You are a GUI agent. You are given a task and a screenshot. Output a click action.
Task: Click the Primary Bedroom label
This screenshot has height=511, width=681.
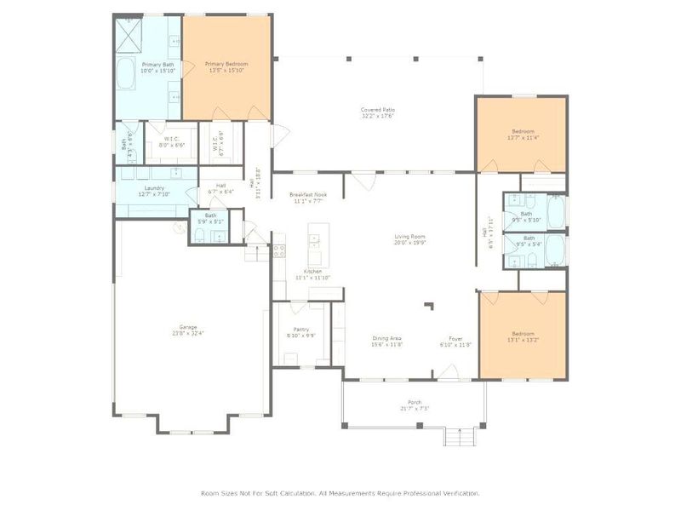click(226, 64)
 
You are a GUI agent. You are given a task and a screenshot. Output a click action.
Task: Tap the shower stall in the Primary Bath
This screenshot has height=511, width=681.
click(129, 35)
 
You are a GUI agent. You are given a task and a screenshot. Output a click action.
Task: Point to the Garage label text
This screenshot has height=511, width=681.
click(188, 327)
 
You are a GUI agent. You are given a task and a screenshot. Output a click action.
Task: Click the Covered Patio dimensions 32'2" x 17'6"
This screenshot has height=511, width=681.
click(377, 117)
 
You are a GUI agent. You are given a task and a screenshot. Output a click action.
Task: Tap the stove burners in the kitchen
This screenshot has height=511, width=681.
click(278, 251)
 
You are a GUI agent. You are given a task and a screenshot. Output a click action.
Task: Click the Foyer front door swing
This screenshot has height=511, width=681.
click(446, 371)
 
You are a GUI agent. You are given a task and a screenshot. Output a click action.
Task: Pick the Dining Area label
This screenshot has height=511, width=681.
click(386, 339)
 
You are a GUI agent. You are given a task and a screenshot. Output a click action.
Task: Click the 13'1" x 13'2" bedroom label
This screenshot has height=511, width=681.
click(523, 334)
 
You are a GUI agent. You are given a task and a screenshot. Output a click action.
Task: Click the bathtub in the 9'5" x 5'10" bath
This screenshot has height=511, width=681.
click(554, 210)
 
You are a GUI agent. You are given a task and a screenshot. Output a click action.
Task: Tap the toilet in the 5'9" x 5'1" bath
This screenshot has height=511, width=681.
click(197, 235)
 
